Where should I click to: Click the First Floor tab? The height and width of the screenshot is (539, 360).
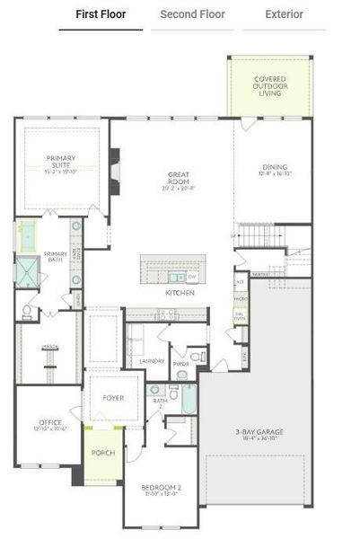tap(101, 14)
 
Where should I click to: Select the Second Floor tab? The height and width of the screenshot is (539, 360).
tap(192, 14)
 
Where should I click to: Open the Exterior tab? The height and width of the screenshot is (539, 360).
tap(285, 14)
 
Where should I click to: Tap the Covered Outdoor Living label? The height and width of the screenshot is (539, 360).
tap(269, 85)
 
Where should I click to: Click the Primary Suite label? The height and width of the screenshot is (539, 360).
tap(61, 163)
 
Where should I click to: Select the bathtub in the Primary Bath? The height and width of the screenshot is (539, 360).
tap(28, 235)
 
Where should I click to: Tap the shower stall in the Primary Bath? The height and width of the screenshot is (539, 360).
tap(28, 272)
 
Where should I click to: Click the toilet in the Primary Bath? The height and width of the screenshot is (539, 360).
tap(27, 312)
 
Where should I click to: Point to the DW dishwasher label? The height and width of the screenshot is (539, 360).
tap(192, 278)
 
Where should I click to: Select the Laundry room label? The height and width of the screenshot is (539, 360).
tap(153, 361)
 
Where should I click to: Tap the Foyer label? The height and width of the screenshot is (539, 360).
tap(113, 397)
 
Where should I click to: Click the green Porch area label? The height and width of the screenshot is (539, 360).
tap(103, 452)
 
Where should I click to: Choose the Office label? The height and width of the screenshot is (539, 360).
tap(50, 424)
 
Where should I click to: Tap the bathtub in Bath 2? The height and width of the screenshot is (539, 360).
tap(189, 399)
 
